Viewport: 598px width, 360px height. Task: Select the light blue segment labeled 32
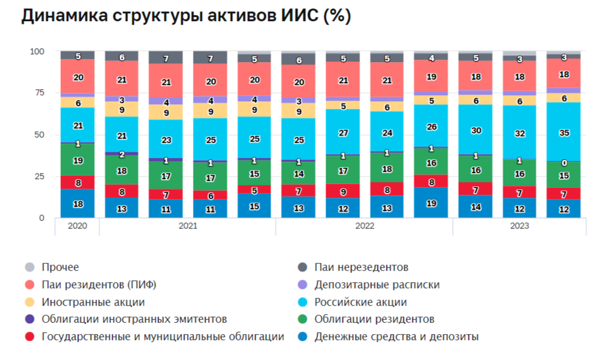point(520,133)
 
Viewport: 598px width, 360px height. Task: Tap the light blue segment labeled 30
point(476,130)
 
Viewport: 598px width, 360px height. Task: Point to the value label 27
point(343,132)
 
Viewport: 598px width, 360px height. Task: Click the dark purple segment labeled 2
point(122,154)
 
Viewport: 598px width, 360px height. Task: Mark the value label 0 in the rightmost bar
point(564,163)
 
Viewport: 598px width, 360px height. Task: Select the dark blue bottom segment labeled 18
point(78,204)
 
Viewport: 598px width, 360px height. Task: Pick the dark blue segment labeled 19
point(432,203)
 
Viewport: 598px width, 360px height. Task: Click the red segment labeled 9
point(343,192)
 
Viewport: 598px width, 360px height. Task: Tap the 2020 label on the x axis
point(77,226)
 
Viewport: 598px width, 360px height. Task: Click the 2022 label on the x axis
point(365,226)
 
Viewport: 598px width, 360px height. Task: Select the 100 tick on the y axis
point(37,51)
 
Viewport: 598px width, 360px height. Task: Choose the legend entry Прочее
point(60,267)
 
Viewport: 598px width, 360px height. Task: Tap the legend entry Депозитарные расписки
point(377,285)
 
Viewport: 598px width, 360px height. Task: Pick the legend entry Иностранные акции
point(93,302)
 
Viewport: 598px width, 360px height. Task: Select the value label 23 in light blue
point(166,140)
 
